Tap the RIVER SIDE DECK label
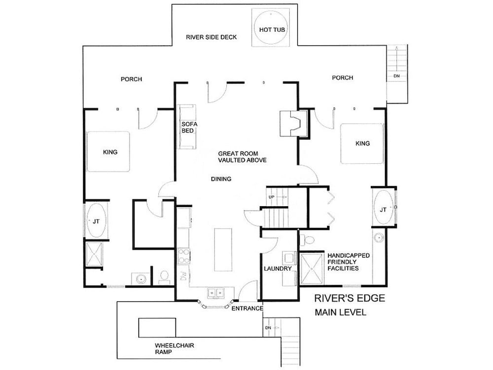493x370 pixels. pos(211,37)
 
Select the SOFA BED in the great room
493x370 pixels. pos(187,127)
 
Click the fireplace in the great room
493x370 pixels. pos(293,123)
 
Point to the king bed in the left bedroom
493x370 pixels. pos(108,151)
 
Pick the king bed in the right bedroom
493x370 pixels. pos(362,144)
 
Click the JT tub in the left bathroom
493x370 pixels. pos(96,221)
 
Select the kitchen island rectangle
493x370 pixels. pos(223,250)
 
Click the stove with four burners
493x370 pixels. pos(183,256)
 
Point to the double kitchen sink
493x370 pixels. pos(216,293)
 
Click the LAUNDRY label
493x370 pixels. pos(278,269)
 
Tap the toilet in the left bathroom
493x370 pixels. pos(164,277)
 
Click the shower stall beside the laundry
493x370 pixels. pos(312,269)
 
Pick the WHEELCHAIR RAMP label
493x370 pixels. pos(175,349)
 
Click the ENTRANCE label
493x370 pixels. pos(247,309)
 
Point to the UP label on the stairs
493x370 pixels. pos(272,197)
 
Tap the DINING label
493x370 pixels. pos(221,179)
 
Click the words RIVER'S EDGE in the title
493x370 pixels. pos(350,298)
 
